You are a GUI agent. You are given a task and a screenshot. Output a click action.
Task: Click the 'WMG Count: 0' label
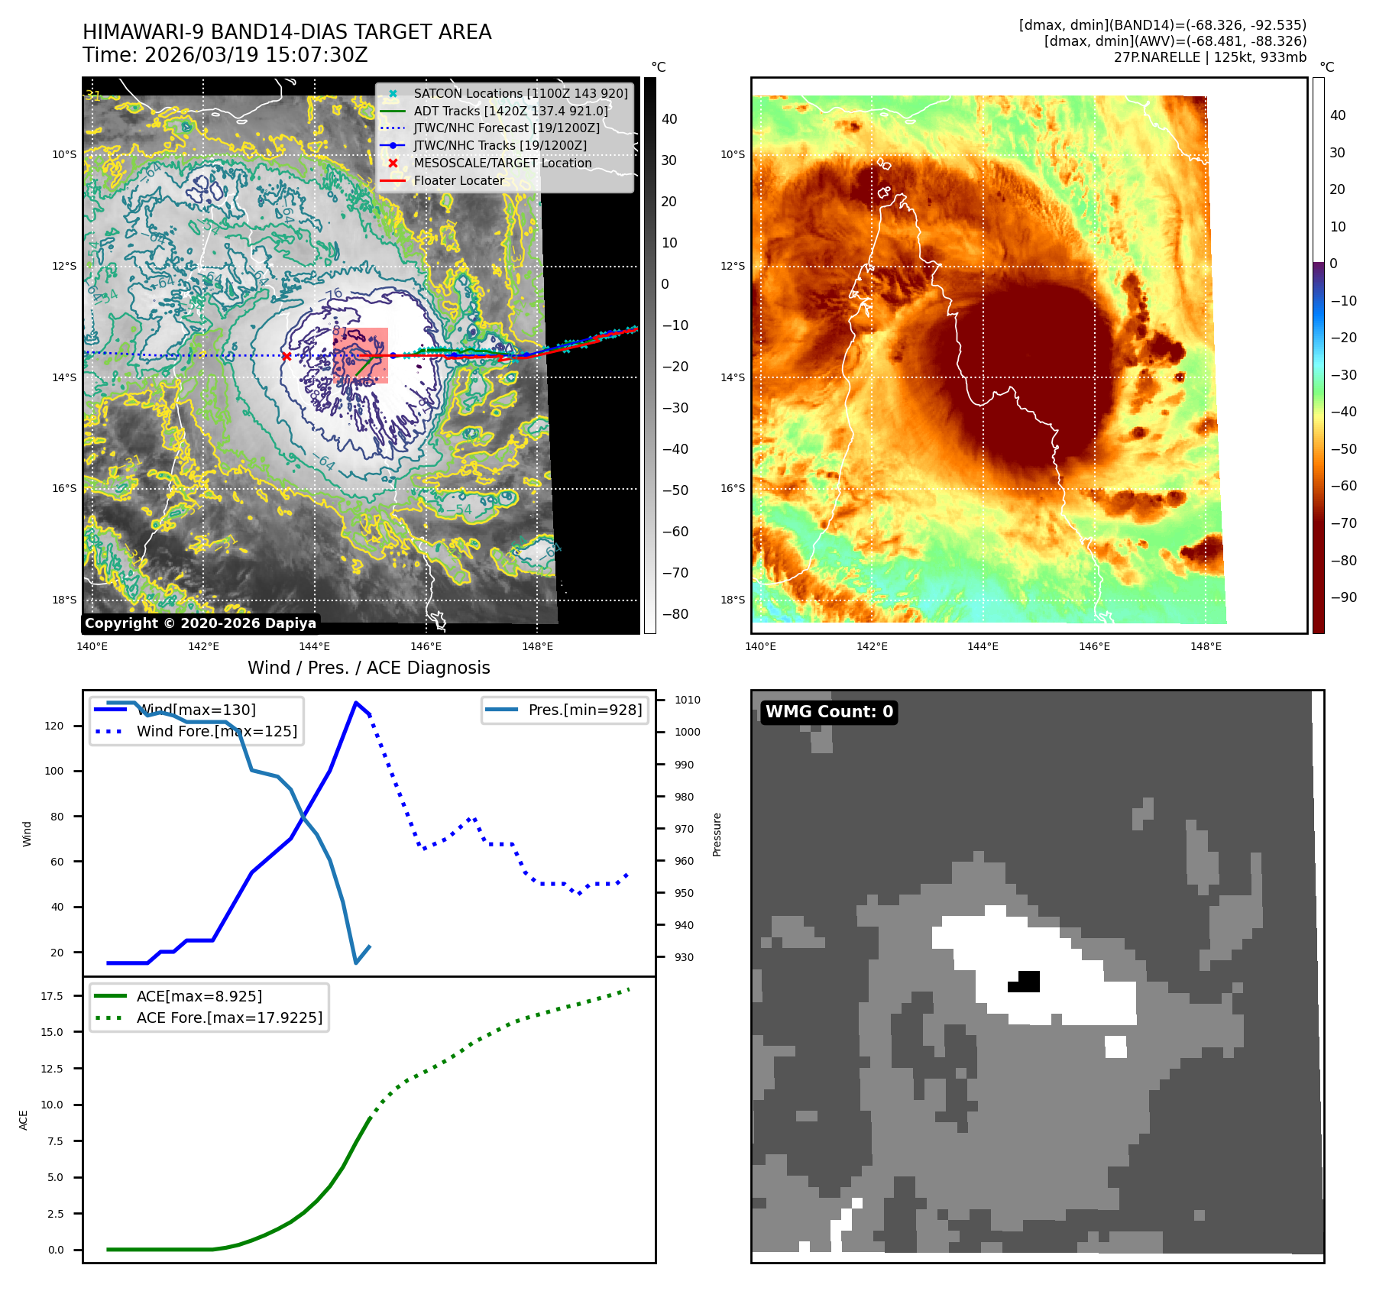pos(829,712)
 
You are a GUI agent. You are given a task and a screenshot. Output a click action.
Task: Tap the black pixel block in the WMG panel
pos(1026,982)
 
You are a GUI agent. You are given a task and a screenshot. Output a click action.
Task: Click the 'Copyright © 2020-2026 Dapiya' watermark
pos(200,623)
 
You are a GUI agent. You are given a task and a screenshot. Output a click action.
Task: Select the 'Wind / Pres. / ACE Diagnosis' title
pos(368,668)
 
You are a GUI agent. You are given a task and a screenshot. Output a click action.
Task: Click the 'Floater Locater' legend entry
pos(458,181)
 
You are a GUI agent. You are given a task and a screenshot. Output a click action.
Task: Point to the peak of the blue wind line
pos(356,703)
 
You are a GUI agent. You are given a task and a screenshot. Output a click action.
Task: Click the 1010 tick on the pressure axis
pos(687,700)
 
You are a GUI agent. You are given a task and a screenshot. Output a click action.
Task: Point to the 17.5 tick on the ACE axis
pos(52,996)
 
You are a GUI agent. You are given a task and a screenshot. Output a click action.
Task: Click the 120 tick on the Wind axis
pos(54,726)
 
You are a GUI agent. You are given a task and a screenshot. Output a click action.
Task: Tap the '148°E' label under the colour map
pos(1206,647)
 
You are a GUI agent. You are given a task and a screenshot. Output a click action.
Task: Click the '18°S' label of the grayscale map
pos(64,600)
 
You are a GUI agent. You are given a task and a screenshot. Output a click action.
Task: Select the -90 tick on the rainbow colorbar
pos(1343,597)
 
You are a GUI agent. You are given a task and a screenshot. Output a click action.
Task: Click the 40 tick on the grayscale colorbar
pos(669,119)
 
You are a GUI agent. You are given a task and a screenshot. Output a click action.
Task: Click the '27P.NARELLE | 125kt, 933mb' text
pos(1209,57)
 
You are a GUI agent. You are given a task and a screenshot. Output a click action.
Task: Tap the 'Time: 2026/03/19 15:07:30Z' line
pos(225,56)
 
